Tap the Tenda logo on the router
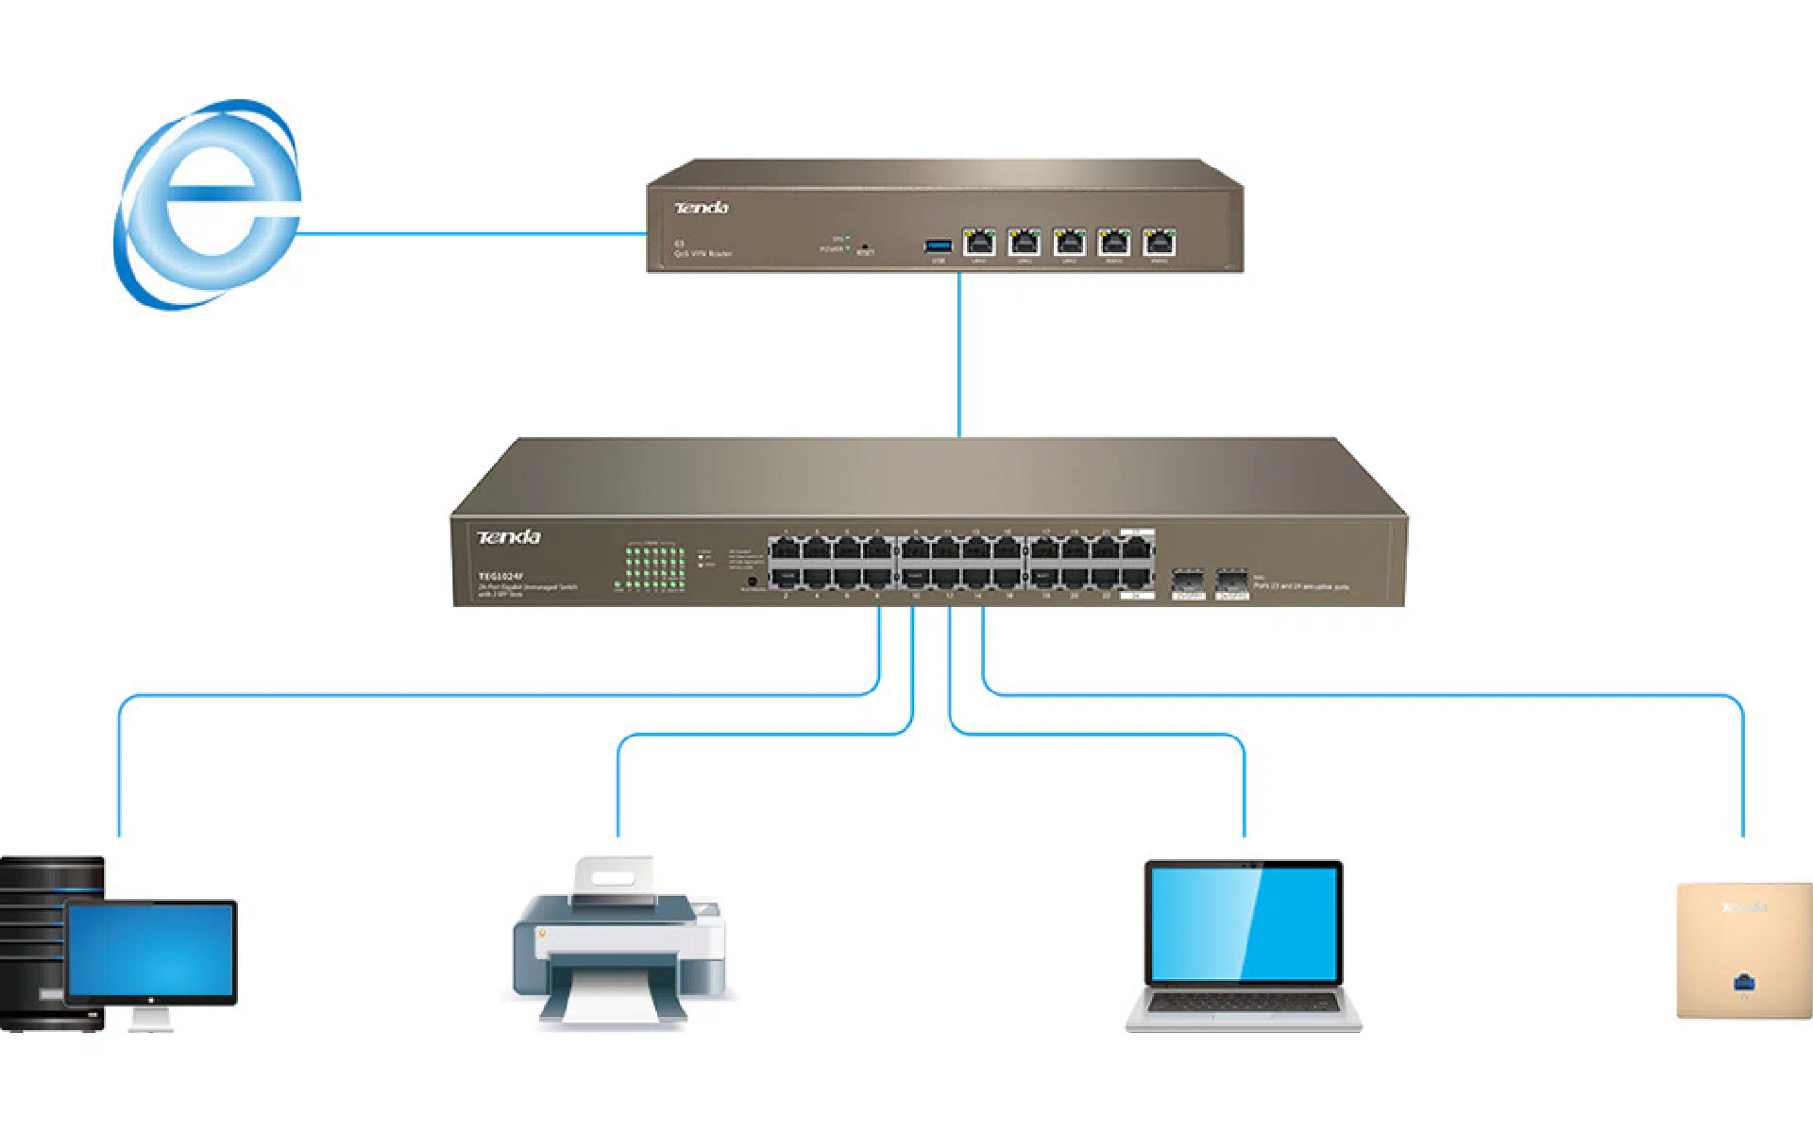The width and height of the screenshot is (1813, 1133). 702,208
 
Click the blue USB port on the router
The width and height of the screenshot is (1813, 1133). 938,246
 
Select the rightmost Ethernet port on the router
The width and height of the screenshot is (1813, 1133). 1159,243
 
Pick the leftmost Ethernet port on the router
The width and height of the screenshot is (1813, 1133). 979,243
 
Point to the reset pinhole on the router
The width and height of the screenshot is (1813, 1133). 865,246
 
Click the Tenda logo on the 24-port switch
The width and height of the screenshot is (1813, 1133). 509,537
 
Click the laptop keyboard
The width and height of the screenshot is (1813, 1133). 1243,1004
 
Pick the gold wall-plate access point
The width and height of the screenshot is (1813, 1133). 1743,949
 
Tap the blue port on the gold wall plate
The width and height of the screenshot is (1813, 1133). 1744,983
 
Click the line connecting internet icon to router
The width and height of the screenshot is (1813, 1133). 472,233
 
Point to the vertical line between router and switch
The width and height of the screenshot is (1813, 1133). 959,354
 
